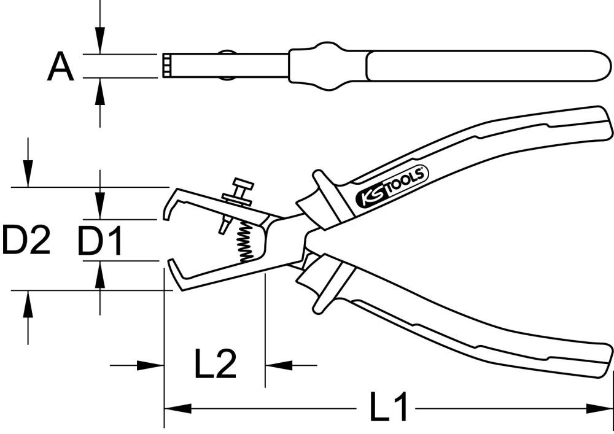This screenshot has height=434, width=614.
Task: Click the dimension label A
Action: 60,67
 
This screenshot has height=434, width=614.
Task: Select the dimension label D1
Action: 100,241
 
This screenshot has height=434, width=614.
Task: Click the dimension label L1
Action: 389,408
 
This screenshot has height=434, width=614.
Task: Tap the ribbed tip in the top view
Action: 167,66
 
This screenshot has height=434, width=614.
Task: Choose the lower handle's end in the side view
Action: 605,362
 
